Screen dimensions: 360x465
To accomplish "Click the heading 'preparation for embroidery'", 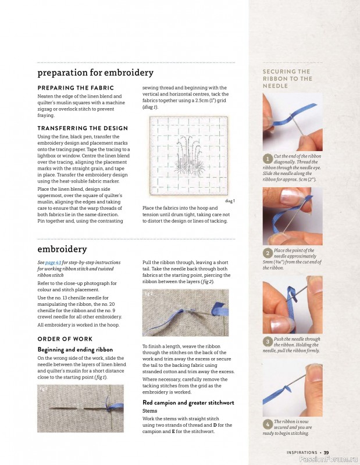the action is (x=95, y=73).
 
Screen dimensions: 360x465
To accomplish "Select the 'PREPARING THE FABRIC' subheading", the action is (x=76, y=88).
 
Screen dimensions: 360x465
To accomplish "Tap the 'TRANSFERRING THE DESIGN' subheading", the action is (x=83, y=128).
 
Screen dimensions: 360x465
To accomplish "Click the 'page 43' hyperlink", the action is (x=54, y=263).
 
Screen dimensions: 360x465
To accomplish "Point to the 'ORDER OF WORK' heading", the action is (x=65, y=339).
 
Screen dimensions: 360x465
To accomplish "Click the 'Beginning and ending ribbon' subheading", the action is (x=75, y=350).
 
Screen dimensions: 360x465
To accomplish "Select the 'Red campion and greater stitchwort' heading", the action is (x=188, y=403).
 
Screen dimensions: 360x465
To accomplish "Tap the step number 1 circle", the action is (x=268, y=159).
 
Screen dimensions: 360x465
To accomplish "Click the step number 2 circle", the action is (x=268, y=253).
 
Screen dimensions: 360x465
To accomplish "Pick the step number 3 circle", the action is (x=268, y=342).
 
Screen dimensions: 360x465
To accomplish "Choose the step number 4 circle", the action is (x=268, y=424).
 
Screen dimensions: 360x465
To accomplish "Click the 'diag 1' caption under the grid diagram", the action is (x=230, y=201).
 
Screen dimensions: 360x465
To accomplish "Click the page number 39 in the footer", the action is (x=326, y=453).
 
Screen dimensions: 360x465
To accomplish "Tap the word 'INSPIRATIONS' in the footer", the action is (x=302, y=453).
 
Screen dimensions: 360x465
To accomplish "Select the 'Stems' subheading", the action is (x=149, y=411).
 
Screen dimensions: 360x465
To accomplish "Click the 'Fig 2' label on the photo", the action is (x=148, y=294).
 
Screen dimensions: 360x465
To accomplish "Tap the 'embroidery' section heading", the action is (x=62, y=249).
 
